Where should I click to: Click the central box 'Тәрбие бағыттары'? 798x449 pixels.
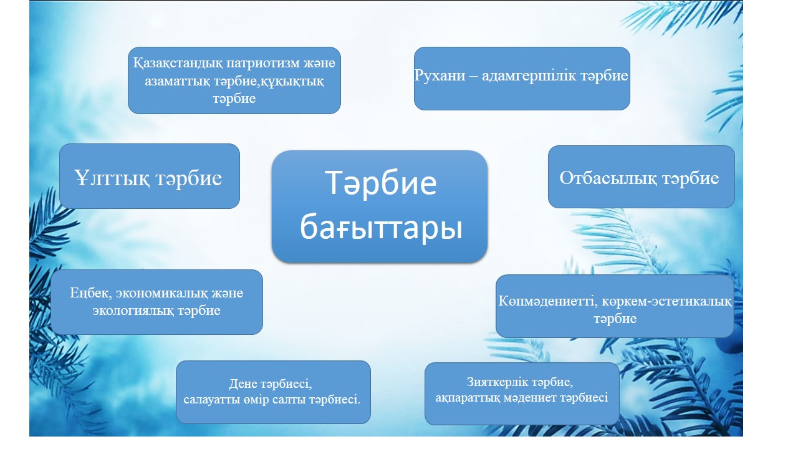coord(380,206)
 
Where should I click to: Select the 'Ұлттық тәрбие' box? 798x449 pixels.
coord(150,176)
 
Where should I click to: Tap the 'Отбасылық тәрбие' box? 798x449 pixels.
coord(642,176)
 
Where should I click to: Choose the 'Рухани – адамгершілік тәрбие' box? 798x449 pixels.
coord(522,79)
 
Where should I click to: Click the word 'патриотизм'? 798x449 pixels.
coord(263,63)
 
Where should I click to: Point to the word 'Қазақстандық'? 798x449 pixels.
coord(178,64)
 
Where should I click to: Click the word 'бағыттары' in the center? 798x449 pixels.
coord(381,227)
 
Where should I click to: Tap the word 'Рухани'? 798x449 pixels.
coord(440,75)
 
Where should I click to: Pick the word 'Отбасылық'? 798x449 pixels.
coord(608,178)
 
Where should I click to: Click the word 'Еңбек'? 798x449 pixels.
coord(91,293)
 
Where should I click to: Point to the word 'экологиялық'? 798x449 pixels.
coord(133,311)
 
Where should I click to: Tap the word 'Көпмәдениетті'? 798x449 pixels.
coord(547,301)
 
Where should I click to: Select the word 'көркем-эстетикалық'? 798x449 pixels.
coord(666,301)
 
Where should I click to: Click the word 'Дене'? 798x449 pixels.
coord(243,384)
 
